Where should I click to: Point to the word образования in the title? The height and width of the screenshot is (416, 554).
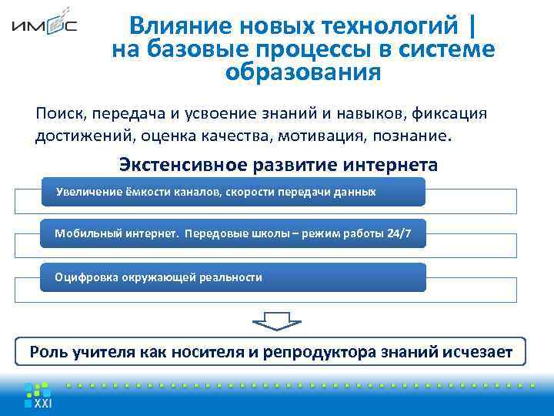303,73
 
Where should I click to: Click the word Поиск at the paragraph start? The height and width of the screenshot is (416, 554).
60,114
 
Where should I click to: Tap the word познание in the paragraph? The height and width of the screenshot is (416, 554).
425,136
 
